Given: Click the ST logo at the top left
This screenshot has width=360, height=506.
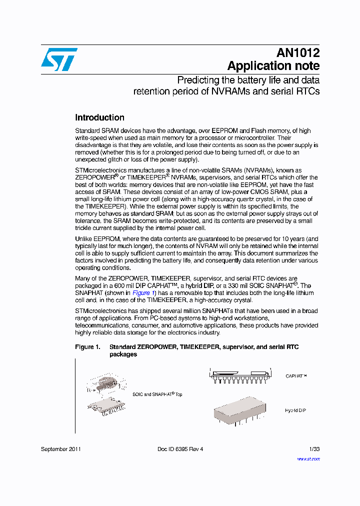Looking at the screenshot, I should (59, 59).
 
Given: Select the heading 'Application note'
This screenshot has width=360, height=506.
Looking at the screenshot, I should (273, 66).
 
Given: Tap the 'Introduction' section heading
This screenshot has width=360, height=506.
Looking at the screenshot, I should (99, 117).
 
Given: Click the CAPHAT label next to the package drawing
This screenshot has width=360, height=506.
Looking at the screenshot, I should (296, 375).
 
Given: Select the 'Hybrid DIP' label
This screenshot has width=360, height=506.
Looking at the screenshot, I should (295, 410).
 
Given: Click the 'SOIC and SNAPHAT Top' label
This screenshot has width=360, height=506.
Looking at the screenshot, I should (157, 394).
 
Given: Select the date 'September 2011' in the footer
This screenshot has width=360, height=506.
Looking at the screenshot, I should (61, 449).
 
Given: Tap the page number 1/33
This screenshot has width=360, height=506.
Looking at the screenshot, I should (314, 449).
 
